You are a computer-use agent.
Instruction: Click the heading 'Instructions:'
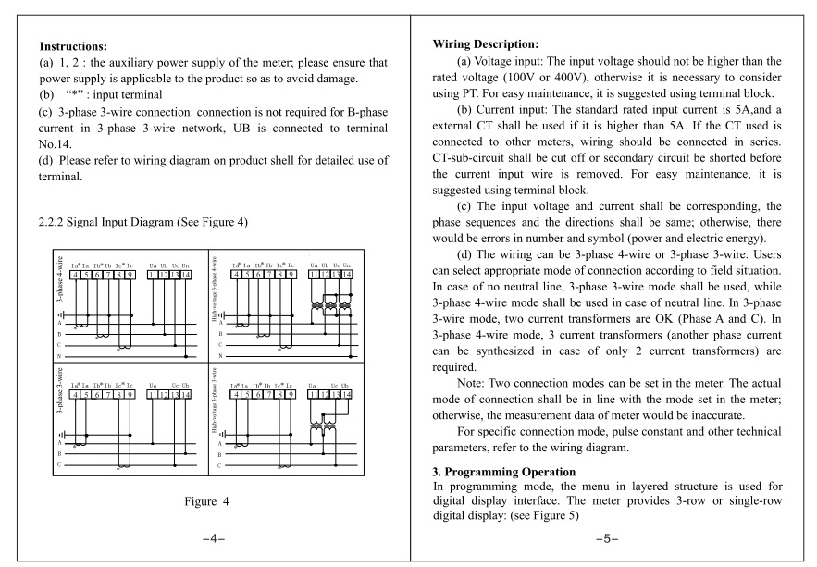(x=74, y=45)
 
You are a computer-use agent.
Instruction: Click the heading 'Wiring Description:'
(x=485, y=43)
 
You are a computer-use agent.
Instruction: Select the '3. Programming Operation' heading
(x=499, y=472)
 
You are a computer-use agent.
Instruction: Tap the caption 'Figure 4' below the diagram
(x=205, y=501)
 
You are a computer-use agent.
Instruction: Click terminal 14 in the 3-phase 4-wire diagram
(x=187, y=275)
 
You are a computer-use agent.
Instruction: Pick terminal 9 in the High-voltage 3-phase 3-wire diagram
(x=291, y=393)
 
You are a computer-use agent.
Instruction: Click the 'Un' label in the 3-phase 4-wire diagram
(x=187, y=265)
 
